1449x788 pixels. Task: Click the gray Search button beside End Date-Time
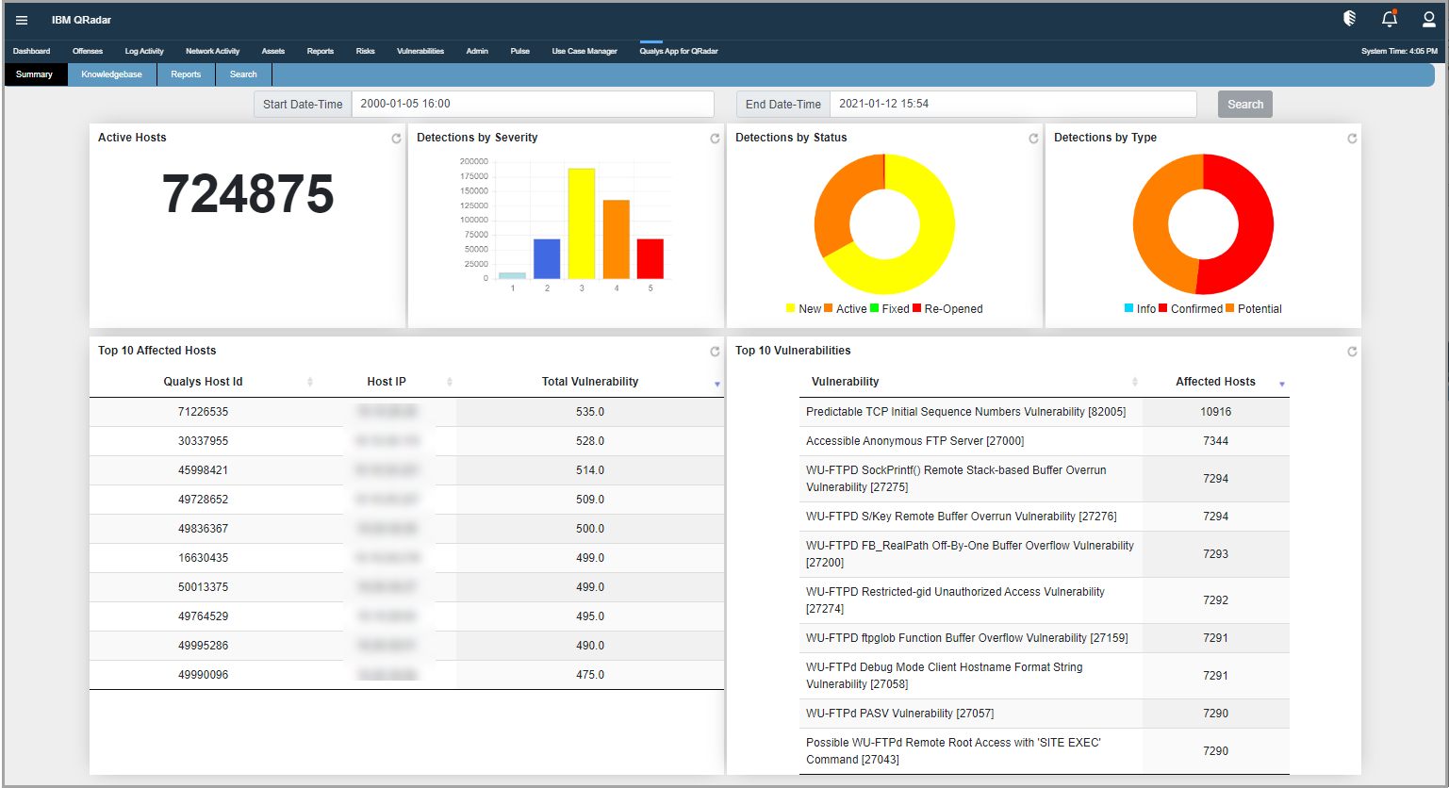pos(1244,105)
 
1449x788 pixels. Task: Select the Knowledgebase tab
pos(111,74)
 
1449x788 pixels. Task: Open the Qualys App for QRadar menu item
pos(678,51)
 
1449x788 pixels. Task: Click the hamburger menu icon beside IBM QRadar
pos(22,20)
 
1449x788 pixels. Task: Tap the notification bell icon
pos(1389,19)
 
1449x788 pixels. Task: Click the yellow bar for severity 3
pos(582,223)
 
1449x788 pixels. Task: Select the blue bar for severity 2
pos(547,259)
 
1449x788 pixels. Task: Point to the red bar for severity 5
pos(650,259)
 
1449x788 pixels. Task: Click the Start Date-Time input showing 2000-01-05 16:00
pos(532,104)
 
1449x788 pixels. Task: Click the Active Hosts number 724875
pos(248,194)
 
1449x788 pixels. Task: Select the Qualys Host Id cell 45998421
pos(203,470)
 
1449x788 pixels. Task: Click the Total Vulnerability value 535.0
pos(590,412)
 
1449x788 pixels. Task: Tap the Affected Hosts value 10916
pos(1215,412)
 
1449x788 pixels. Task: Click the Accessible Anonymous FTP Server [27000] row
pos(914,441)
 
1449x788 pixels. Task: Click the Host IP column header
pos(387,382)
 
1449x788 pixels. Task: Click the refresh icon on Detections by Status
pos(1033,139)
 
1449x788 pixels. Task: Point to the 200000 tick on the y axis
pos(474,162)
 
